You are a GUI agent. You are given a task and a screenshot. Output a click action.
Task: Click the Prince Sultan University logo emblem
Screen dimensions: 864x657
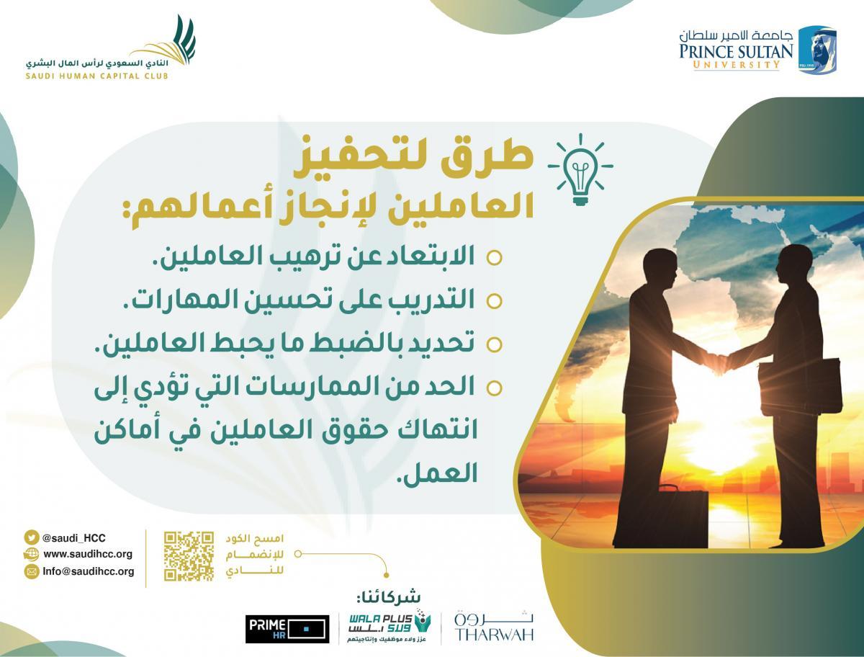[817, 50]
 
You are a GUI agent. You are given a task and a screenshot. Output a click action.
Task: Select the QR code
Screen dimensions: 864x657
[189, 556]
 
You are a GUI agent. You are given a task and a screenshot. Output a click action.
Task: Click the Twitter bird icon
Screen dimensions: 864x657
[31, 537]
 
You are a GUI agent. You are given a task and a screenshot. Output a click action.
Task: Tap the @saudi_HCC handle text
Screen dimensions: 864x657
[74, 537]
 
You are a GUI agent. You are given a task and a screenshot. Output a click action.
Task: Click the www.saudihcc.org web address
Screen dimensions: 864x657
[88, 554]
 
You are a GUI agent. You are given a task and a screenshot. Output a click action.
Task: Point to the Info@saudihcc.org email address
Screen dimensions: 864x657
[89, 571]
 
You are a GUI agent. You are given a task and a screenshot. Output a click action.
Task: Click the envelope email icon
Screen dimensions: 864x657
[31, 571]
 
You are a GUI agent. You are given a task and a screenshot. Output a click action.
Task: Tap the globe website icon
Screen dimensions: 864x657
[31, 554]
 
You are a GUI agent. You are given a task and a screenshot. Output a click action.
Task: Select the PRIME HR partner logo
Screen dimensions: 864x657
[287, 629]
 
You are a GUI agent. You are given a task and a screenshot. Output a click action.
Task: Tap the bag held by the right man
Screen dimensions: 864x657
[799, 386]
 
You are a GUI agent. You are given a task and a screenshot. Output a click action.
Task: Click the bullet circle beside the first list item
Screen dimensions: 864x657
[494, 258]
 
